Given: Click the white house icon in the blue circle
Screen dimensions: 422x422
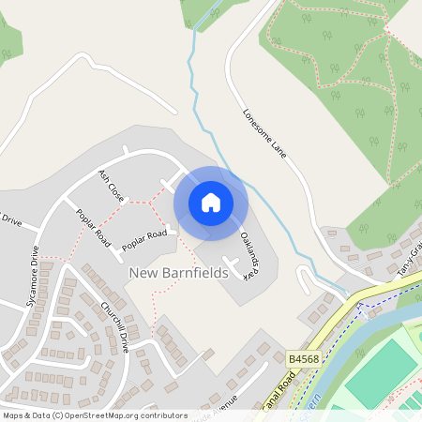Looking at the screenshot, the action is click(211, 202).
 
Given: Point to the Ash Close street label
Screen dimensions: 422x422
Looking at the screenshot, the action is click(112, 187).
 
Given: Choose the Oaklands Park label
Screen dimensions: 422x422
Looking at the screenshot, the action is click(249, 256).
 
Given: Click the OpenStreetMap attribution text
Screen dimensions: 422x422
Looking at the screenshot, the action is click(94, 415).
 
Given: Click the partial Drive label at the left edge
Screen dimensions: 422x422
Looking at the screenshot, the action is click(9, 220).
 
